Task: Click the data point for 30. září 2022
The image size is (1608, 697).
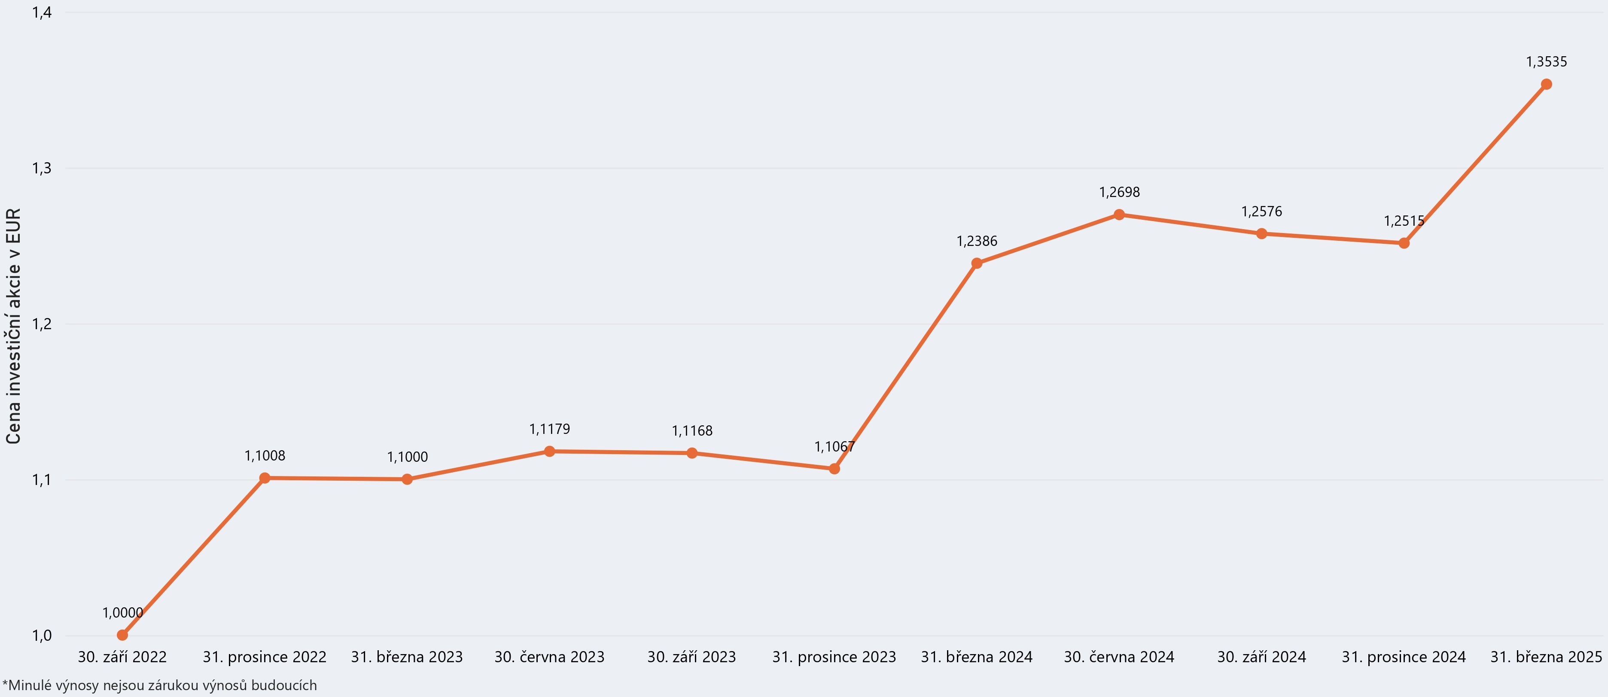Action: [122, 635]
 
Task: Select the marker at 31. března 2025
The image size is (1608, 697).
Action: [1546, 84]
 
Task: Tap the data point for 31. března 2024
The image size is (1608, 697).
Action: [977, 264]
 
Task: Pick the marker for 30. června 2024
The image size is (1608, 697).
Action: [1119, 215]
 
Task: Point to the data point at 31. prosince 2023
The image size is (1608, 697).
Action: [834, 469]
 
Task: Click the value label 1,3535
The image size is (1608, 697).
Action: [1546, 62]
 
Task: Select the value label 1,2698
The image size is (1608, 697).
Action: [1119, 192]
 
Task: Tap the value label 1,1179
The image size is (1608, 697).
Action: [549, 429]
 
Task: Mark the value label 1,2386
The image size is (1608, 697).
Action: [977, 241]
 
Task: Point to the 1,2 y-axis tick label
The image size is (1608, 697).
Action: [41, 324]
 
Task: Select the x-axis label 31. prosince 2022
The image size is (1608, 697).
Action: [265, 657]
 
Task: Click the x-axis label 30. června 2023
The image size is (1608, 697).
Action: [549, 657]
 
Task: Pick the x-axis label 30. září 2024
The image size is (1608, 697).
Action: [1261, 657]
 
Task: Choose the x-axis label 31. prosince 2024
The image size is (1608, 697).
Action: [1404, 657]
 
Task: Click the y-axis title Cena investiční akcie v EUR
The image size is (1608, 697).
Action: [13, 326]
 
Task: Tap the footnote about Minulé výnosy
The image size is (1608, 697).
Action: [160, 685]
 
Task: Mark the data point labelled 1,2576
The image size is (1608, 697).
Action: [1261, 234]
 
